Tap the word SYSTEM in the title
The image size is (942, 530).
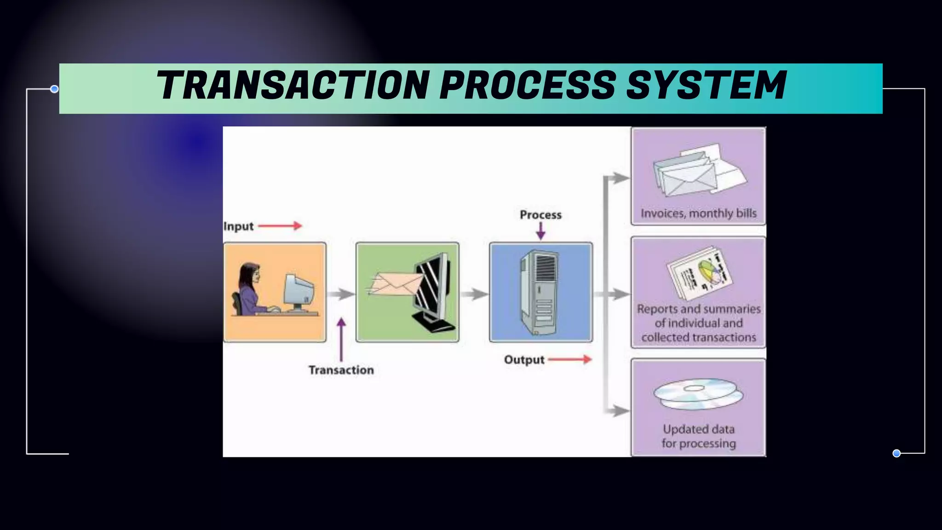point(706,86)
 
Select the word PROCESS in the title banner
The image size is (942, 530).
point(528,86)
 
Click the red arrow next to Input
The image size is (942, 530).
point(280,225)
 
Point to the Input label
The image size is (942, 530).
point(238,226)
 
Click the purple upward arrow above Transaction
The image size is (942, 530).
point(341,340)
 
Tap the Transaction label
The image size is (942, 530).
point(341,370)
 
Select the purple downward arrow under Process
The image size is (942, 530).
point(541,231)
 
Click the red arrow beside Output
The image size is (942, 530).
point(570,359)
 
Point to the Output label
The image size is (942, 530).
point(524,360)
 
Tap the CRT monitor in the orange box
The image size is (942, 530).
point(299,292)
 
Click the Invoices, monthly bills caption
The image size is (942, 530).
point(698,213)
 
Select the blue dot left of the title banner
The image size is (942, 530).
point(54,89)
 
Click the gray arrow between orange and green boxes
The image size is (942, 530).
point(341,294)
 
